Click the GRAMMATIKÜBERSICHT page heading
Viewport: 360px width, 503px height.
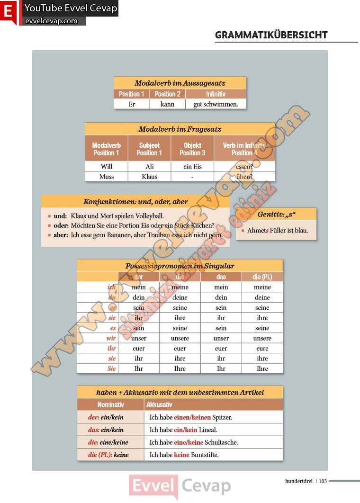click(x=271, y=35)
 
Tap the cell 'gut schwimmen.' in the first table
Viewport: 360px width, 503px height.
click(x=216, y=104)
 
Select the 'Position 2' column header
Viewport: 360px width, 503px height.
click(x=168, y=94)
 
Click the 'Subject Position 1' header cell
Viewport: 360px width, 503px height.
click(x=149, y=149)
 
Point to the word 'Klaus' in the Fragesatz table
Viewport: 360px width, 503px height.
click(x=149, y=177)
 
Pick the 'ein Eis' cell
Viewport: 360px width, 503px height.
click(x=192, y=167)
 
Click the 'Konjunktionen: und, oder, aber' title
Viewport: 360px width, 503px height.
click(x=135, y=201)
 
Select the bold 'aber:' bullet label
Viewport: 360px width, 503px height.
click(x=61, y=235)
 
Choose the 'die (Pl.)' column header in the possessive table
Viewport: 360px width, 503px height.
click(x=262, y=277)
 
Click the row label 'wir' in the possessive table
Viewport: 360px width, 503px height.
click(x=111, y=338)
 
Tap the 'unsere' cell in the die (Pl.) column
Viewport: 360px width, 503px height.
click(x=262, y=338)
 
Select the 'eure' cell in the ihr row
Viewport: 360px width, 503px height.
click(x=262, y=349)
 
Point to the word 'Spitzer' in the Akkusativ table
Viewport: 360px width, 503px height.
click(x=222, y=417)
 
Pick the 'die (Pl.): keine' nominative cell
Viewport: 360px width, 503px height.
click(x=108, y=455)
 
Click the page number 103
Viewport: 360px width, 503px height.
click(x=323, y=481)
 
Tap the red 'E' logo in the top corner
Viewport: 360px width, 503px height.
click(x=8, y=11)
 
